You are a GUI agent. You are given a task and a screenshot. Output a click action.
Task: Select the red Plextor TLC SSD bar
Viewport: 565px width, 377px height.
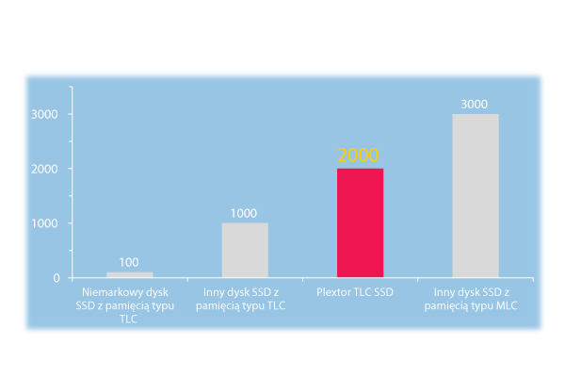click(x=360, y=222)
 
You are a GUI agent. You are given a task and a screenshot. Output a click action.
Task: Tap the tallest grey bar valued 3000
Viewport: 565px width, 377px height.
click(x=476, y=195)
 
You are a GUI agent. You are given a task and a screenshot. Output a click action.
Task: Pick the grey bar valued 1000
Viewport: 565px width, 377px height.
click(x=245, y=250)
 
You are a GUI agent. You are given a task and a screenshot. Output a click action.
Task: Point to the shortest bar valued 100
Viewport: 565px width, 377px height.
click(x=129, y=274)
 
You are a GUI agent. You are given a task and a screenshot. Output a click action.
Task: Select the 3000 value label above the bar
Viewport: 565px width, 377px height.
click(x=475, y=104)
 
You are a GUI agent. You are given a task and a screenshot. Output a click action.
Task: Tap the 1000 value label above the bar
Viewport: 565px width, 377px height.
click(x=244, y=213)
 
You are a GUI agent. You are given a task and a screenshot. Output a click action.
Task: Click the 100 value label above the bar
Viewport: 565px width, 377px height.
click(x=129, y=261)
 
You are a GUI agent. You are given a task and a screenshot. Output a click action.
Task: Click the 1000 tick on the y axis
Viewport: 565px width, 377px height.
click(x=47, y=223)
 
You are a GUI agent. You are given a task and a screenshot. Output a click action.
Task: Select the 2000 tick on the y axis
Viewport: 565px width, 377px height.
click(x=47, y=169)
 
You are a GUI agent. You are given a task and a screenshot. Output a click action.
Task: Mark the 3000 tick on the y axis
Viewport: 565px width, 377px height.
click(x=47, y=114)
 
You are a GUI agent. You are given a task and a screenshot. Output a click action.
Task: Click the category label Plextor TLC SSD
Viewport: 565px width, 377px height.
click(x=360, y=293)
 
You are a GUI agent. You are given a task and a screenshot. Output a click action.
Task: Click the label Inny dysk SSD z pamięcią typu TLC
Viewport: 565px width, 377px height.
click(x=245, y=300)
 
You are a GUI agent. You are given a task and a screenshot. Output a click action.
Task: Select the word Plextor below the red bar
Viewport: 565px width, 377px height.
click(x=340, y=293)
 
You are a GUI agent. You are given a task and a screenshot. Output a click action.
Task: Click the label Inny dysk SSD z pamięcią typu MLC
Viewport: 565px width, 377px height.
click(x=475, y=300)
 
